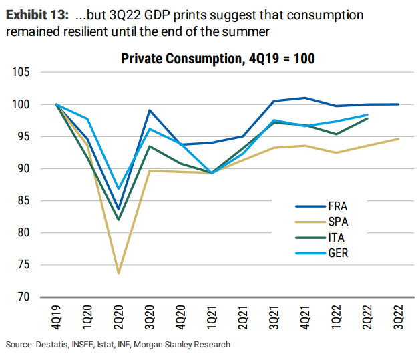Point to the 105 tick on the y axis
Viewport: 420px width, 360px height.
pos(23,72)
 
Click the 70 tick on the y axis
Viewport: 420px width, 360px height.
pos(25,297)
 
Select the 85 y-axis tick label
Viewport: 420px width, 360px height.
pos(25,200)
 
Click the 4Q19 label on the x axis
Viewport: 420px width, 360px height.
pos(56,318)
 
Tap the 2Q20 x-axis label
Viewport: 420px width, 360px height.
pos(119,318)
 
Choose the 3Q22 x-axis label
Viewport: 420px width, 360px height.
pos(399,318)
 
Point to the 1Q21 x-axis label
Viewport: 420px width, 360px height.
pos(212,318)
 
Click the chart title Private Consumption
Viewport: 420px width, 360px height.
pos(218,59)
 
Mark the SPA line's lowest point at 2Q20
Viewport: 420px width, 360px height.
pos(118,273)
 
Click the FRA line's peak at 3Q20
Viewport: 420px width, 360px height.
pos(150,110)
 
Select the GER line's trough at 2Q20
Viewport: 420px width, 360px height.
pos(118,188)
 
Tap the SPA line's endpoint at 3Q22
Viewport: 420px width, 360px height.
pos(399,139)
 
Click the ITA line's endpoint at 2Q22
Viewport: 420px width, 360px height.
pos(367,118)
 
